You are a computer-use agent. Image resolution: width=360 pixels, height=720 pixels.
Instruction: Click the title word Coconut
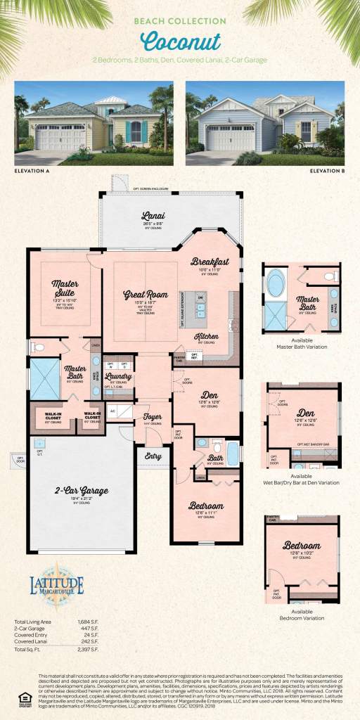179,41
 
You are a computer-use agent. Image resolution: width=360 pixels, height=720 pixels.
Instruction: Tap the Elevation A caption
34,170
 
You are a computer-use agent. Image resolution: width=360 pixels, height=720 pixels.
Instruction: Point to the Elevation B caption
326,170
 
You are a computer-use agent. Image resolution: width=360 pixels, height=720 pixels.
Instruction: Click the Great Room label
146,295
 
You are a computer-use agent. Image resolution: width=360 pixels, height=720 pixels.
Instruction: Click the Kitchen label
207,336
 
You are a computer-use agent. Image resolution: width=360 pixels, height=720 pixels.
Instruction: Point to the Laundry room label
118,377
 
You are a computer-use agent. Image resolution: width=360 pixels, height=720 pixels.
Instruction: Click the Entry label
153,456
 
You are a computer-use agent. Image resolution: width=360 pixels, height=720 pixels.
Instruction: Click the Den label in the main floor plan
207,394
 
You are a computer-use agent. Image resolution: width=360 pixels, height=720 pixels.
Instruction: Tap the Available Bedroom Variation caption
302,615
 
